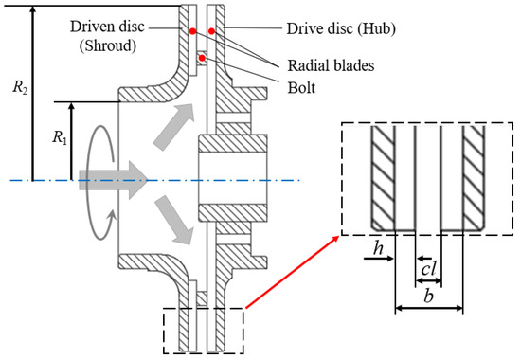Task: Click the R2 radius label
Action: tap(20, 88)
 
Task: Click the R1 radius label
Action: tap(60, 137)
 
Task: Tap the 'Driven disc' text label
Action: tap(107, 27)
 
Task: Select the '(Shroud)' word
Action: tap(108, 45)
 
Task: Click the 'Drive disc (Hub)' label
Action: tap(341, 28)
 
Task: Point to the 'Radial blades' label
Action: tap(331, 65)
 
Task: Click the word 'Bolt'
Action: tap(301, 88)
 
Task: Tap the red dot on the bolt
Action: tap(202, 58)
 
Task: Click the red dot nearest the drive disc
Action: tap(211, 31)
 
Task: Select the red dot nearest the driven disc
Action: tap(192, 31)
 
